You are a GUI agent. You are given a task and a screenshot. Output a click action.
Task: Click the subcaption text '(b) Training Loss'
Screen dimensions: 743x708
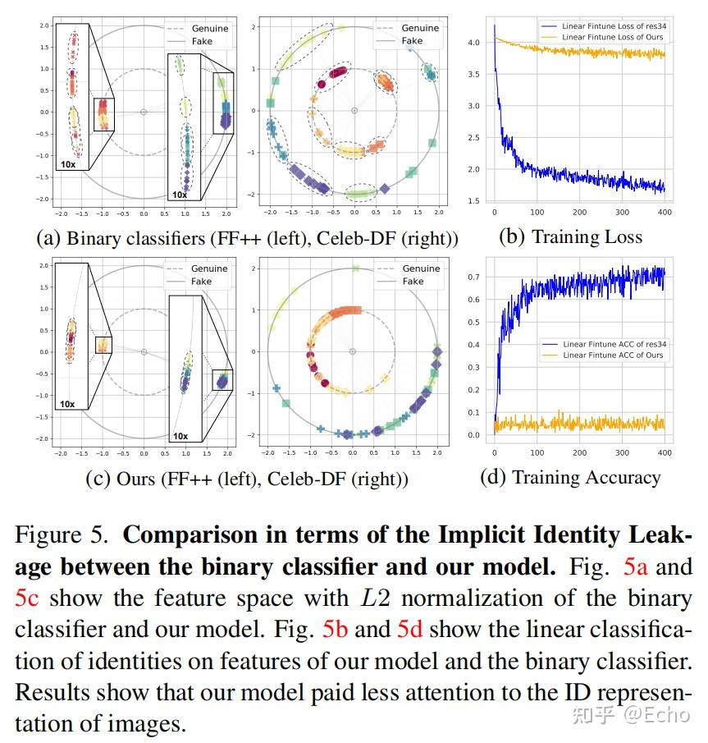pyautogui.click(x=570, y=237)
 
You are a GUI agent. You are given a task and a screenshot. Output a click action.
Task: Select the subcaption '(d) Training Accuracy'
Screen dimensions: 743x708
pyautogui.click(x=570, y=477)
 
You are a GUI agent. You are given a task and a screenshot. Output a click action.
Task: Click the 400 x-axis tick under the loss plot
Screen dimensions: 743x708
pyautogui.click(x=665, y=212)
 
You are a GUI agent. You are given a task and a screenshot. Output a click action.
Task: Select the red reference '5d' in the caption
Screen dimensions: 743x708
pyautogui.click(x=411, y=631)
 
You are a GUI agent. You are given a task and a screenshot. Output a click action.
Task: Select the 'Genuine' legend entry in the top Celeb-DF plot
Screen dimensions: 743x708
pyautogui.click(x=419, y=28)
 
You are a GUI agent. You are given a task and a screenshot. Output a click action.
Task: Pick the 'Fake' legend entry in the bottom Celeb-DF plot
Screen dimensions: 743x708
pyautogui.click(x=412, y=281)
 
